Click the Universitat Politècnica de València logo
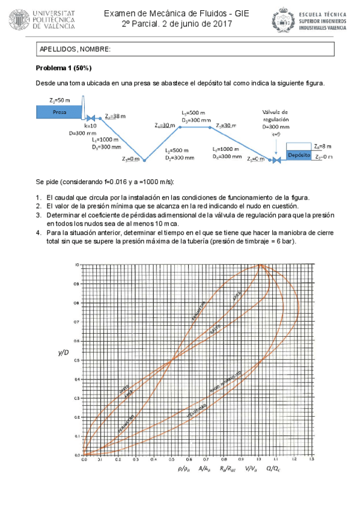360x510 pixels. pos(43,19)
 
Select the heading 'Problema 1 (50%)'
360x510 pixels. pos(64,67)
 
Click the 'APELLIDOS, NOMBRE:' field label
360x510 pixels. pos(75,49)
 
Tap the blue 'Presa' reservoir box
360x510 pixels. pos(59,112)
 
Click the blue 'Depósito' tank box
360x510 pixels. pos(298,155)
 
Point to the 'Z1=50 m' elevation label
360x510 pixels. pos(60,100)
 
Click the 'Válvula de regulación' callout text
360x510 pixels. pos(275,115)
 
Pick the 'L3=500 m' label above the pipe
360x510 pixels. pos(194,113)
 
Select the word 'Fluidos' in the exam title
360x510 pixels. pos(207,12)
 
